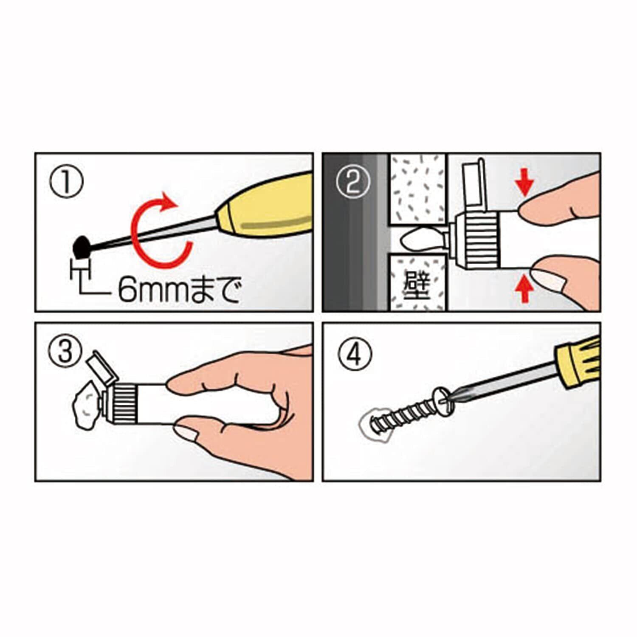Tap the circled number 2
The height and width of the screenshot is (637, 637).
click(353, 181)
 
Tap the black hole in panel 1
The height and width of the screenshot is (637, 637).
click(82, 247)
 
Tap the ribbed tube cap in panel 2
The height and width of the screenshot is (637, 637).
click(476, 241)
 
